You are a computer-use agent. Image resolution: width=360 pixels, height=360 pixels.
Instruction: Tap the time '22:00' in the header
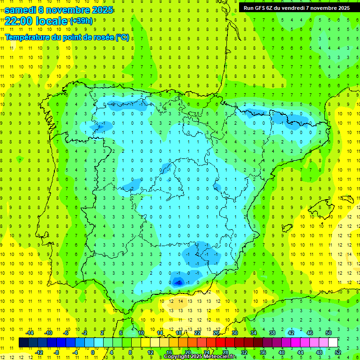point(18,21)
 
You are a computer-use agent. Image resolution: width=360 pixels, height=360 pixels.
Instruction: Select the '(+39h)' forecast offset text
point(81,21)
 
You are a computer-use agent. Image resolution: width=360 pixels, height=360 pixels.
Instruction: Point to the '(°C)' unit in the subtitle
point(122,37)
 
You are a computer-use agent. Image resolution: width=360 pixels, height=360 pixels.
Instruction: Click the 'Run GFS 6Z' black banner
point(296,7)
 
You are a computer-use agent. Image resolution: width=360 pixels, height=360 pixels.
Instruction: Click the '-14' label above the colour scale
point(30,333)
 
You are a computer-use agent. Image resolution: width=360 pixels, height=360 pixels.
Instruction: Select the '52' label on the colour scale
point(338,352)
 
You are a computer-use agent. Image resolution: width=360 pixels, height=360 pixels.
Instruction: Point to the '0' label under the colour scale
point(92,352)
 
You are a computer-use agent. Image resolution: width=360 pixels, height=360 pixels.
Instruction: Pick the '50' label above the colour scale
point(329,333)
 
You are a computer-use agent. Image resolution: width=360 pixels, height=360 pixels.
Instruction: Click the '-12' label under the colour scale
point(39,352)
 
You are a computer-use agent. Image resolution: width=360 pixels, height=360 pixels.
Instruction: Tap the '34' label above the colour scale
point(254,333)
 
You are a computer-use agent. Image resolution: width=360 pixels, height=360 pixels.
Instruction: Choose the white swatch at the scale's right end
point(333,343)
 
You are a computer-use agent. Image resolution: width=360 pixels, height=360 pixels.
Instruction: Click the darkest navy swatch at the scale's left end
point(23,343)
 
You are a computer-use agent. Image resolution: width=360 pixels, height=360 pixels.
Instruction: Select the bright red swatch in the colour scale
point(220,343)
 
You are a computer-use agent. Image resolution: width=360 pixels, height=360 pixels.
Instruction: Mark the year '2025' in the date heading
point(100,9)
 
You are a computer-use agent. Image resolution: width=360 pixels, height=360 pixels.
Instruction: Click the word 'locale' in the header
point(51,21)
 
